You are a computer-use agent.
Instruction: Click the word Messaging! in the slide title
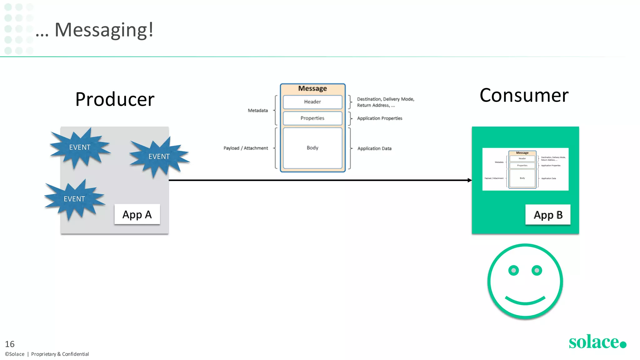(104, 30)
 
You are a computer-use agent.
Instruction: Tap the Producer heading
(115, 99)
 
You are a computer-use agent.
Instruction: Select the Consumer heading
(524, 95)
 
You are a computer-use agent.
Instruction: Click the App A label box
(137, 214)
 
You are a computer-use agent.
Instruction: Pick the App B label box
(548, 215)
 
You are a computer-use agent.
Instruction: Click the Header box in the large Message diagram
(312, 102)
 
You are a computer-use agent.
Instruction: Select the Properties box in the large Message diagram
(312, 118)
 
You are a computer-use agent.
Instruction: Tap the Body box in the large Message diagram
(312, 148)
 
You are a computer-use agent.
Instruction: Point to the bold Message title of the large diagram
(312, 88)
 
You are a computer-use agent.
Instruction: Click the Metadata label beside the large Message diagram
(258, 110)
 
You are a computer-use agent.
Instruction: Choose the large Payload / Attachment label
(246, 148)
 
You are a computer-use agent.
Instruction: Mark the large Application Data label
(374, 148)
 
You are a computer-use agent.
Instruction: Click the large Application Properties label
(380, 118)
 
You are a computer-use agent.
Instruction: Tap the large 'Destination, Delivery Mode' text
(386, 99)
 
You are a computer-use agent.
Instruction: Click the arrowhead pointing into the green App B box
(469, 180)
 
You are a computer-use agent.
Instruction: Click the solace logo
(597, 342)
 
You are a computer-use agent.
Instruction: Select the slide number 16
(10, 344)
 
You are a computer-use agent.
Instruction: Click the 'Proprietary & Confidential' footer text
(60, 354)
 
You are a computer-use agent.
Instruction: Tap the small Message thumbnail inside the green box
(525, 169)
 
